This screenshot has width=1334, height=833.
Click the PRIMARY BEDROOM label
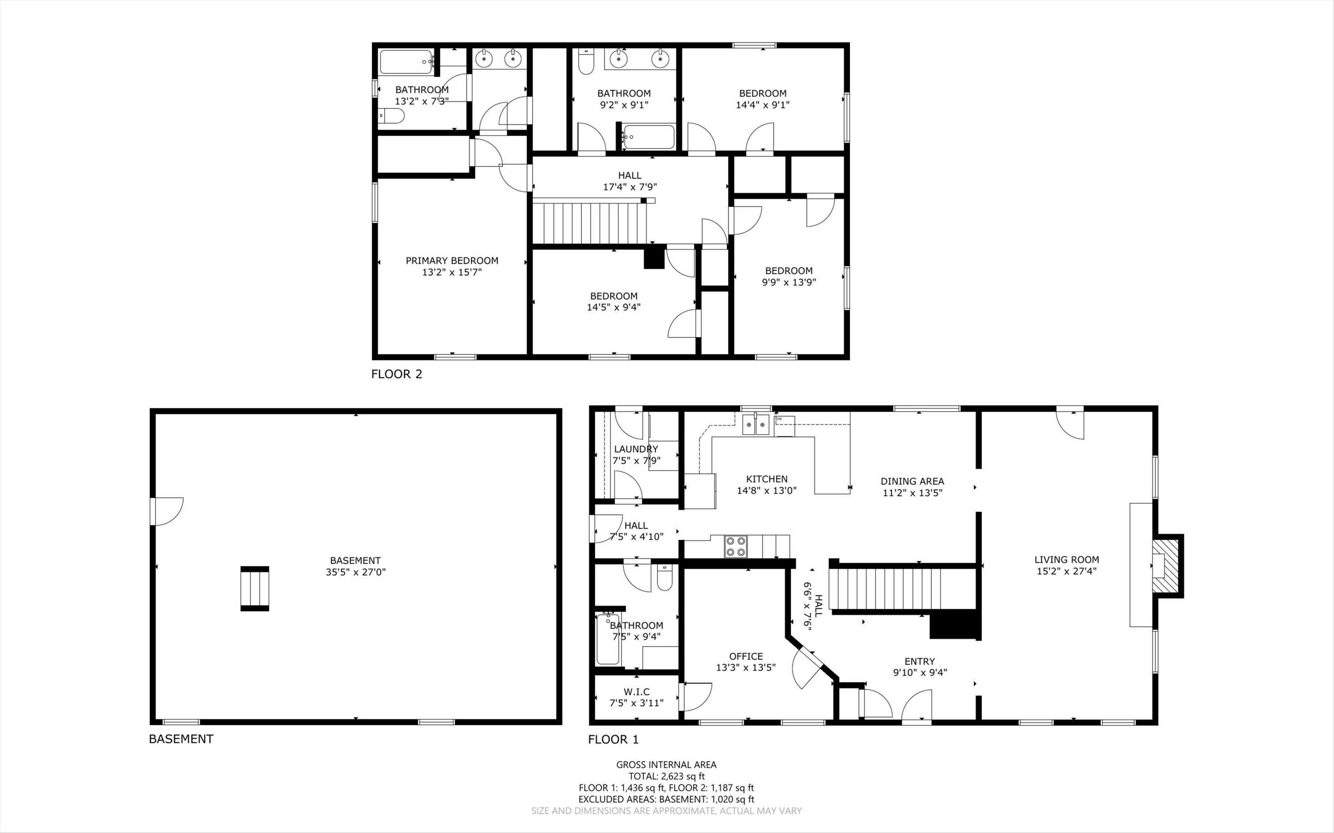point(452,260)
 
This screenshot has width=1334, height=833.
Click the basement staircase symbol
point(254,589)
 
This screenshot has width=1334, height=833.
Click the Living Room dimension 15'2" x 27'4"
point(1066,571)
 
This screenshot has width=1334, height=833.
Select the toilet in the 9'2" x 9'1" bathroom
point(586,62)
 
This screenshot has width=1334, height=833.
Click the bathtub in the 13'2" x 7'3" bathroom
point(406,62)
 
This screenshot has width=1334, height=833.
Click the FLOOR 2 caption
point(396,374)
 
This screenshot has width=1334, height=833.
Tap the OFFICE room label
point(746,656)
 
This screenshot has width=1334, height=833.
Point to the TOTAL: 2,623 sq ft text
point(666,776)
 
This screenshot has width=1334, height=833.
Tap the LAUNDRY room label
point(636,449)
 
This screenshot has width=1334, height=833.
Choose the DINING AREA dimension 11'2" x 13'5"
point(912,493)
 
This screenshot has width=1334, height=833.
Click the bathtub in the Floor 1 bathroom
point(608,639)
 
